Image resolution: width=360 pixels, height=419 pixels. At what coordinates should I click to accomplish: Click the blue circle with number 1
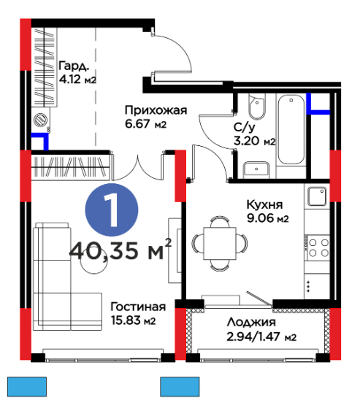[112, 209]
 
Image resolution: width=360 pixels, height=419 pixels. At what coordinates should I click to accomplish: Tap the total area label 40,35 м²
[120, 250]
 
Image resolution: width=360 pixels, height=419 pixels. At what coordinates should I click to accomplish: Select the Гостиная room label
[138, 307]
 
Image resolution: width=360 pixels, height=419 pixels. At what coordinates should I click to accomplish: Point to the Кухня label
[264, 204]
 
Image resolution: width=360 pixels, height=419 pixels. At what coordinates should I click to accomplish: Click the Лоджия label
[251, 322]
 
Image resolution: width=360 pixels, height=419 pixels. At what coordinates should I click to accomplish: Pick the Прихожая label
[156, 110]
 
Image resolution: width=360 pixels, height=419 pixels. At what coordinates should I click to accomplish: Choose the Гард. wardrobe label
[74, 66]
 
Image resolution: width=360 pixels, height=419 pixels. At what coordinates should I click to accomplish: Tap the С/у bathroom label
[245, 128]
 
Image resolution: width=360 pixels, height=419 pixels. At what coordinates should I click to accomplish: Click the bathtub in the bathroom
[291, 129]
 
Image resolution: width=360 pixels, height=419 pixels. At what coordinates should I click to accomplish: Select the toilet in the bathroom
[257, 107]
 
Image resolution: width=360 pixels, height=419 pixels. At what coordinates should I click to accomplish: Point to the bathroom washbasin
[256, 169]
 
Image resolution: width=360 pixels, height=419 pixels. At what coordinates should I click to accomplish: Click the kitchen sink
[317, 196]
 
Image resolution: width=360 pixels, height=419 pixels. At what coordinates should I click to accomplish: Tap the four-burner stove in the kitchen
[318, 247]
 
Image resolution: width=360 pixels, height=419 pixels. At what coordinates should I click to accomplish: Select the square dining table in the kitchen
[220, 243]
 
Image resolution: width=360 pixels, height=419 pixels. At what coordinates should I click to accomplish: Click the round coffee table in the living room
[94, 261]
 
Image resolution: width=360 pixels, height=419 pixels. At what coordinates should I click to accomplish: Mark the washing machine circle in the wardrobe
[41, 120]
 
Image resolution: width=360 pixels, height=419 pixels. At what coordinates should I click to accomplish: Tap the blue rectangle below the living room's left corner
[27, 387]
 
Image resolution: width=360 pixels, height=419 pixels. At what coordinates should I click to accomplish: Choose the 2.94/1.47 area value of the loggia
[254, 337]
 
